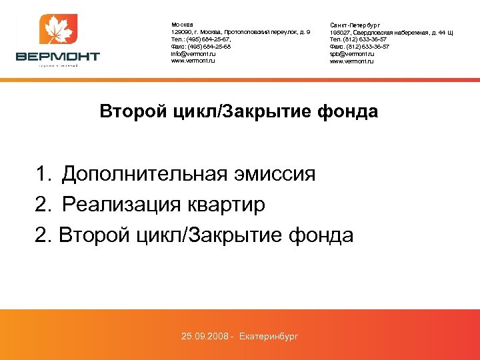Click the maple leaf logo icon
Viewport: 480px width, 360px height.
point(59,31)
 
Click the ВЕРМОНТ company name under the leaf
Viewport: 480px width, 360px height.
point(58,57)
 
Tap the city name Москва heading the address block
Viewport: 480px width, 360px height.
point(182,25)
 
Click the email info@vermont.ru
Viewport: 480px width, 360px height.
point(193,54)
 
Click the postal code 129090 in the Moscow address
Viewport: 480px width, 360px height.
point(181,32)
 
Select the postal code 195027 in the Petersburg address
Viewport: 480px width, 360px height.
point(341,32)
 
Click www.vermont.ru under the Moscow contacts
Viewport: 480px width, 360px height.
point(193,61)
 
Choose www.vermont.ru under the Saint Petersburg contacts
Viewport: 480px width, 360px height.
point(353,61)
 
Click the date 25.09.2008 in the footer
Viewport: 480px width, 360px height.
point(205,336)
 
